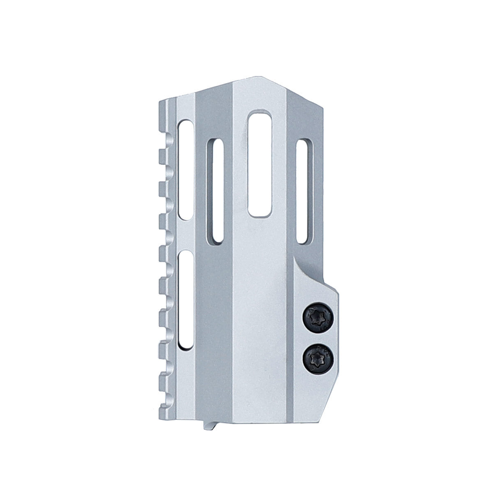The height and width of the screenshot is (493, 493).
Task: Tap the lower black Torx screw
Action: (318, 355)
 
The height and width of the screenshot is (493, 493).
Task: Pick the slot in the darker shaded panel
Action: (215, 190)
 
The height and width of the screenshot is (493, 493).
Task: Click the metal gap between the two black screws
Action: (318, 336)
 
